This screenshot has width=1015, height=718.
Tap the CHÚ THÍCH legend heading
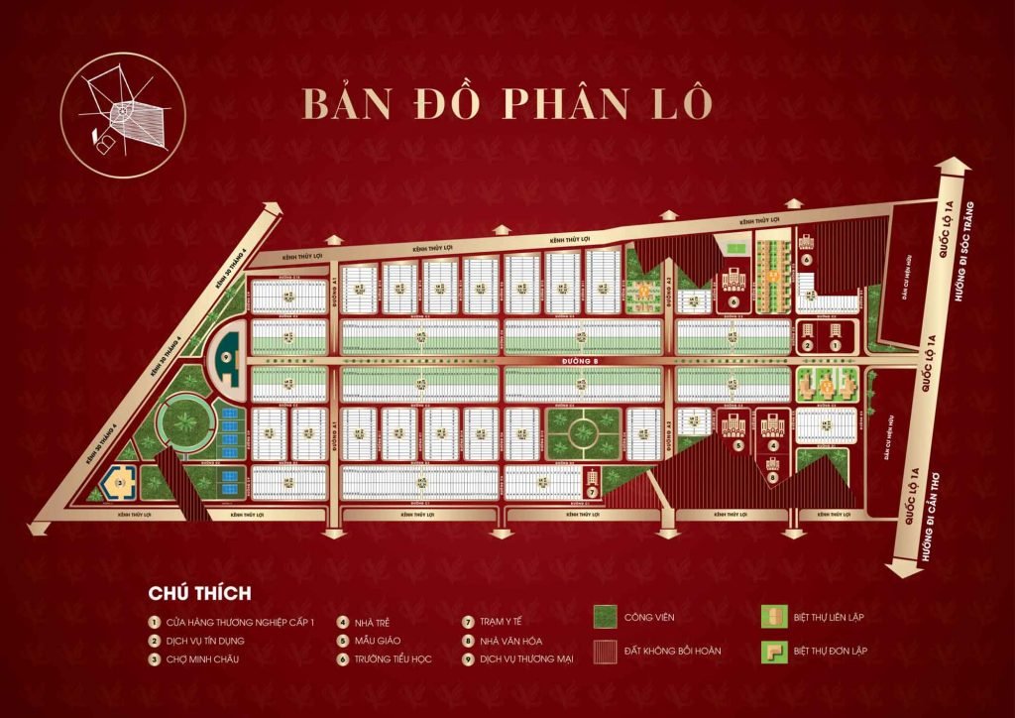click(199, 593)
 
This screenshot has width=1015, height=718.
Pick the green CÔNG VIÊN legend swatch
click(606, 617)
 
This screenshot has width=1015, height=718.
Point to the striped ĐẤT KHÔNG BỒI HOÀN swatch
click(606, 652)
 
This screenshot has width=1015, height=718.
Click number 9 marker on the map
click(227, 356)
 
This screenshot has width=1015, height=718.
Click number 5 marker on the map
click(738, 445)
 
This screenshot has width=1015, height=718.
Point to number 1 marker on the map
click(836, 344)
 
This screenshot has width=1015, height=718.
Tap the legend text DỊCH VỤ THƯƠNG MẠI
click(526, 658)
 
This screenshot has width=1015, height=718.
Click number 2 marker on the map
click(809, 344)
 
